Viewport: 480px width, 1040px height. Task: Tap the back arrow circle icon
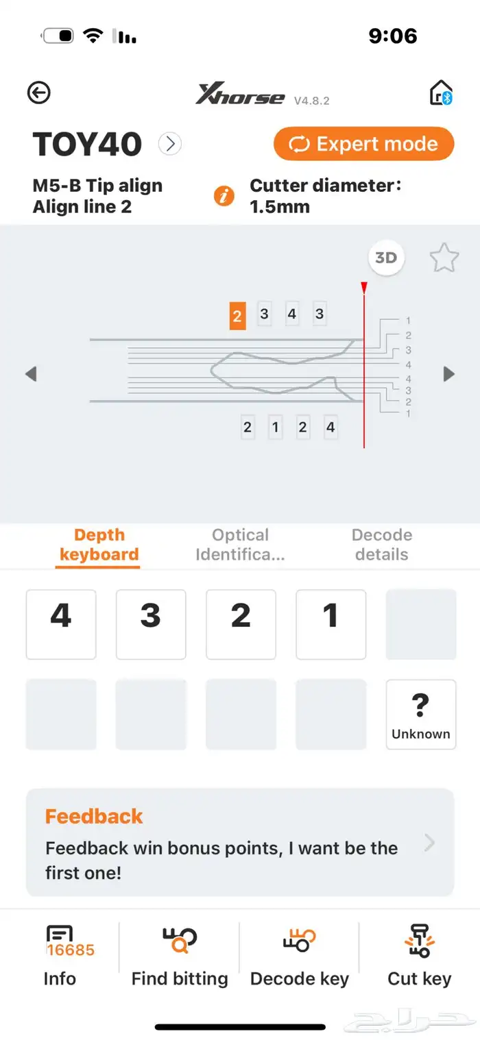pos(38,92)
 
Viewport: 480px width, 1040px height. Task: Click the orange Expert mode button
pos(364,144)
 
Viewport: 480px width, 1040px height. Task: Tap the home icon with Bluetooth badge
pos(440,92)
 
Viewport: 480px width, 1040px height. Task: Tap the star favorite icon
pos(444,258)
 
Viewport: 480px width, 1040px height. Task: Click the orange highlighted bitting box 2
pos(237,316)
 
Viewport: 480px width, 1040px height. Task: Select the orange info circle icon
pos(224,196)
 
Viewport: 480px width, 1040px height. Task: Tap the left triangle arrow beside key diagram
pos(31,374)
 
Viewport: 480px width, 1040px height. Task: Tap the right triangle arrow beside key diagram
pos(449,374)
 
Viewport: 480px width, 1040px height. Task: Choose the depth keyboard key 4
pos(61,624)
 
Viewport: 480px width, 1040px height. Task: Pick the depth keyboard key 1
pos(331,624)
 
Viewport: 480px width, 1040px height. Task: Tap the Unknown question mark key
pos(421,715)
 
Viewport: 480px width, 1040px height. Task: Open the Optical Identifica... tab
pos(240,545)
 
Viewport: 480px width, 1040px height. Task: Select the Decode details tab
pos(382,545)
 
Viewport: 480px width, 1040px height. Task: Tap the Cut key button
pos(420,956)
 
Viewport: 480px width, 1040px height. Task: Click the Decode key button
pos(299,956)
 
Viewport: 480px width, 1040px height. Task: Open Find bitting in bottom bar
pos(180,956)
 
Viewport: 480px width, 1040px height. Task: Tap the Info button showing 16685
pos(60,956)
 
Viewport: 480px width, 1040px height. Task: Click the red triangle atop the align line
pos(364,287)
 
